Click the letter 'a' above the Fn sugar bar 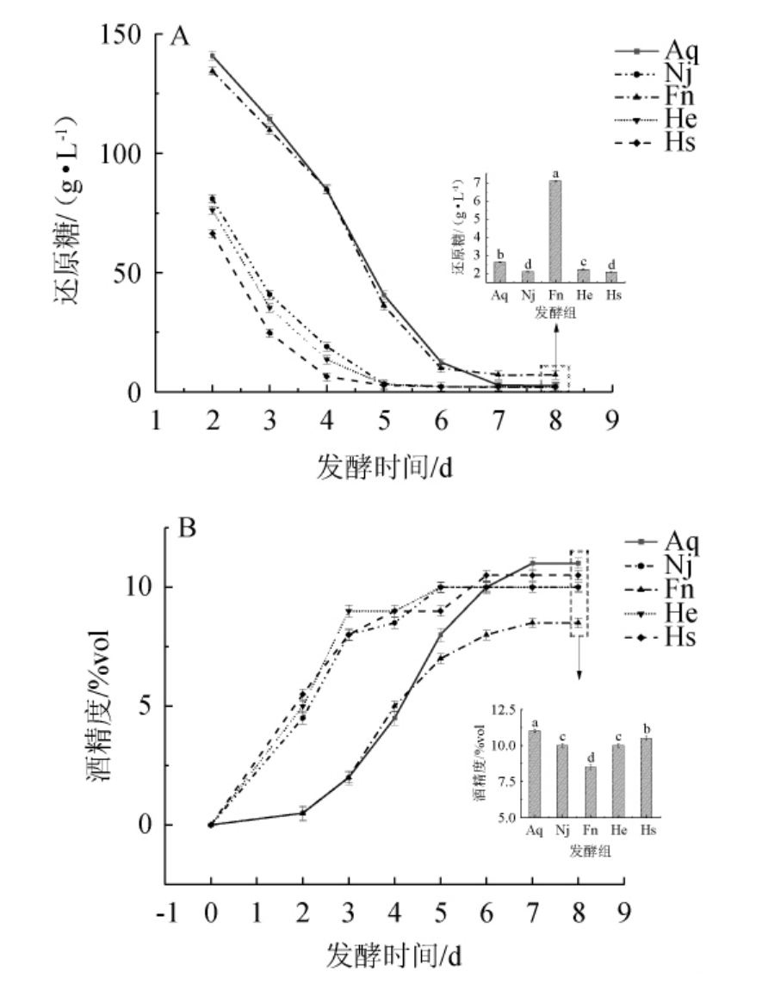(556, 173)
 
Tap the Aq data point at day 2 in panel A (213, 57)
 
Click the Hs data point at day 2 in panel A (213, 234)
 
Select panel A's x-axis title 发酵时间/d (384, 468)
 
